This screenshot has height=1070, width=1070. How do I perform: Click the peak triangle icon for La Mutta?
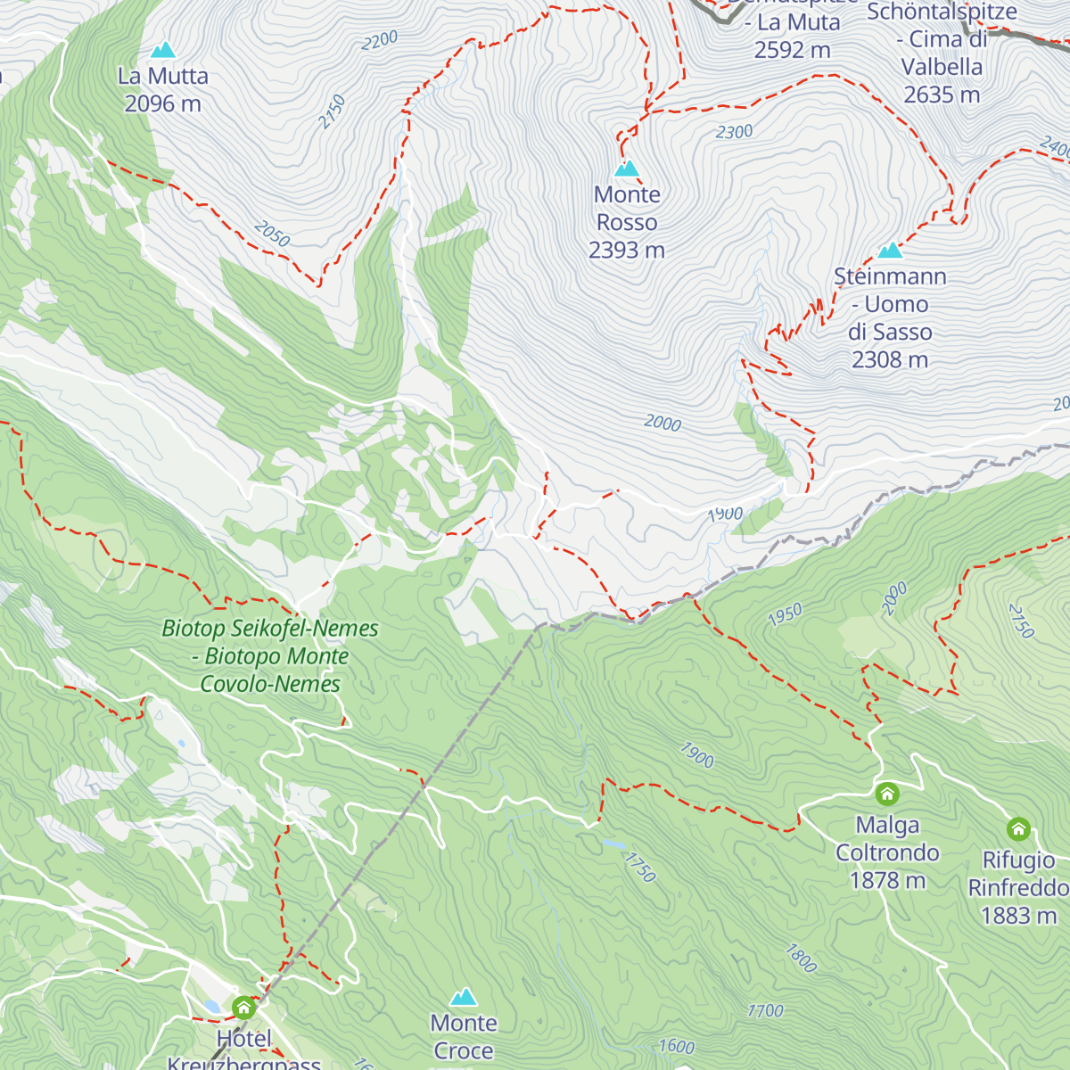pyautogui.click(x=162, y=51)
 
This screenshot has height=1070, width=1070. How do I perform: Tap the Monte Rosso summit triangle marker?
pyautogui.click(x=627, y=169)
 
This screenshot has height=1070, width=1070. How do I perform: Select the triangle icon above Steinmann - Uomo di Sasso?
pyautogui.click(x=890, y=251)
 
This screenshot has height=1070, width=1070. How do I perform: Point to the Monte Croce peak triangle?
pyautogui.click(x=463, y=997)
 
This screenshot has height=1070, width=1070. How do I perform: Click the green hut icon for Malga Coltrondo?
pyautogui.click(x=886, y=794)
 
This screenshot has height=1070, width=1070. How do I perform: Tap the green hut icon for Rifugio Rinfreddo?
pyautogui.click(x=1018, y=829)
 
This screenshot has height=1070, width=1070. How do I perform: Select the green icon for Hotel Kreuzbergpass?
pyautogui.click(x=243, y=1008)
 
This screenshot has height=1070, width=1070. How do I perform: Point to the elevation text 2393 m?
pyautogui.click(x=627, y=251)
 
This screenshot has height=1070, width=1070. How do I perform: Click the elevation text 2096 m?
pyautogui.click(x=162, y=104)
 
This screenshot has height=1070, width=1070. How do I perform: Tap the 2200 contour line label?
pyautogui.click(x=380, y=41)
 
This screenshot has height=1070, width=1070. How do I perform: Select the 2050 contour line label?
pyautogui.click(x=272, y=235)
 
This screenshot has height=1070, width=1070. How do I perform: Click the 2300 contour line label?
pyautogui.click(x=734, y=132)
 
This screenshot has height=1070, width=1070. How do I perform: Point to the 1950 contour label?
pyautogui.click(x=785, y=614)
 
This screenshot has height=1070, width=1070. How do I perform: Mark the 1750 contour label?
pyautogui.click(x=640, y=867)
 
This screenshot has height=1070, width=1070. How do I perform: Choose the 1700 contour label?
pyautogui.click(x=765, y=1010)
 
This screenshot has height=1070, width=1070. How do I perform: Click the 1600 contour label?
pyautogui.click(x=676, y=1046)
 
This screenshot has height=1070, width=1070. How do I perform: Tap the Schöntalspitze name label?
pyautogui.click(x=942, y=12)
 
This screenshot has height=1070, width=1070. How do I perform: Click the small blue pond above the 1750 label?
pyautogui.click(x=613, y=843)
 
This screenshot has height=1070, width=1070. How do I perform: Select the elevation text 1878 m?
pyautogui.click(x=887, y=881)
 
